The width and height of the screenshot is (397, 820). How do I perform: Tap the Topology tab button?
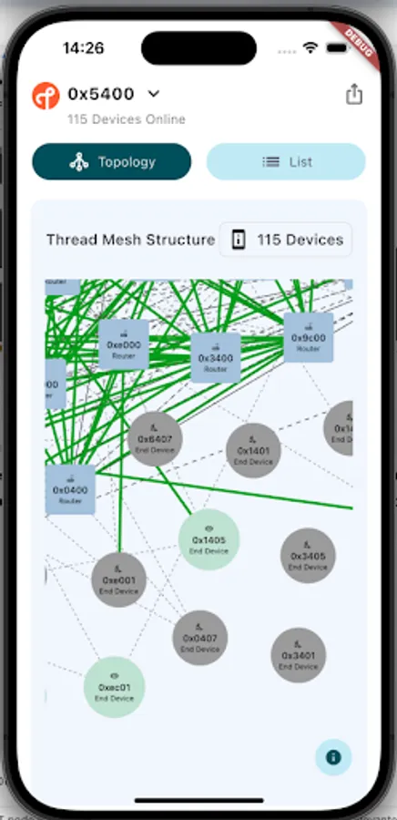point(112,162)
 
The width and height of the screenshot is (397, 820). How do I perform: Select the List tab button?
point(286,162)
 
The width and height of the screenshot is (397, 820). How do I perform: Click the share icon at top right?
point(354,95)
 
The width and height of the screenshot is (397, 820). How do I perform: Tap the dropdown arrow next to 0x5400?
point(154,94)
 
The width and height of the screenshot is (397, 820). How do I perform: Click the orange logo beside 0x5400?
point(46,96)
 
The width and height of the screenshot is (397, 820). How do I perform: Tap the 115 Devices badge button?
point(286,241)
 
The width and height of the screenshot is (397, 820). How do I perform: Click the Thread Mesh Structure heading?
point(130,241)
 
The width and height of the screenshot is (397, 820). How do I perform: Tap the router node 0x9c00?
point(309,338)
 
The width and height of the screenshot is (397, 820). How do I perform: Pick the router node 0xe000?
point(124,345)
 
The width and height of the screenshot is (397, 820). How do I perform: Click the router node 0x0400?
point(70,490)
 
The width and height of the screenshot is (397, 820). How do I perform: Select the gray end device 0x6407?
point(155,439)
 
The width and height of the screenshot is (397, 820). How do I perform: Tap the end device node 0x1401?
point(253,451)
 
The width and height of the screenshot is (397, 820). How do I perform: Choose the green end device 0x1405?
point(209,539)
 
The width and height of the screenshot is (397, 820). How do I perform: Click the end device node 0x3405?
point(308,556)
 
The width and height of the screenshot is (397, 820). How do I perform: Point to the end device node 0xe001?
point(118,579)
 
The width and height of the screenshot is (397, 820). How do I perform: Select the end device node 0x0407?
point(200,638)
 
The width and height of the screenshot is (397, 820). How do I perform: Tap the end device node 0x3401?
point(298,655)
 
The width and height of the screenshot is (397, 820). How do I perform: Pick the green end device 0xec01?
point(115,687)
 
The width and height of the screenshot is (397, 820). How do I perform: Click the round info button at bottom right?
point(333,757)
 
